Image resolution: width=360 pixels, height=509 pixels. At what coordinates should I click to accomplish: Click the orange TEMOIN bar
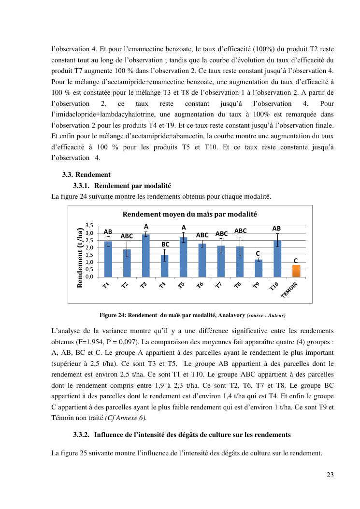pos(296,271)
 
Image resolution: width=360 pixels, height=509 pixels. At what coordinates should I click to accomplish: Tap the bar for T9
pos(259,268)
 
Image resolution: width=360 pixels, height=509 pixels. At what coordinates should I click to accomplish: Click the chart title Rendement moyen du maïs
pos(189,214)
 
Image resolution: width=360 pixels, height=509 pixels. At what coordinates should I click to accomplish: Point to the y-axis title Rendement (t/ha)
pos(80,258)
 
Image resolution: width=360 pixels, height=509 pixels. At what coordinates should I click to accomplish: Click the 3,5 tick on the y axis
pos(89,226)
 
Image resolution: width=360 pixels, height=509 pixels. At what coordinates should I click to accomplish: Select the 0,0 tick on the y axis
pos(89,277)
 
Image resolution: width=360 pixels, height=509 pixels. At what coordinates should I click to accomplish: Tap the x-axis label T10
pos(274,286)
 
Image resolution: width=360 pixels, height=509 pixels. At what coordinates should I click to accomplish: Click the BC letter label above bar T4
pos(165,245)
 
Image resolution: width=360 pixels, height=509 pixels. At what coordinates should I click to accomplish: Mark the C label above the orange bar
pos(296,261)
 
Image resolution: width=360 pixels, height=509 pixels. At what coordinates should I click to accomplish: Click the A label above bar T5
pos(184,227)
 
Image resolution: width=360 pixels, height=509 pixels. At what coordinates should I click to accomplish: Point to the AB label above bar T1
pos(108,232)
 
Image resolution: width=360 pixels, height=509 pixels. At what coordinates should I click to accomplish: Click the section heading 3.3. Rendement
pos(86,175)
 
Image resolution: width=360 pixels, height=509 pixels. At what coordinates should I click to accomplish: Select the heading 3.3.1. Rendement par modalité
pos(122,186)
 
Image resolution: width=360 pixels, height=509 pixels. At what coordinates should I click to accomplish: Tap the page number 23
pos(330,474)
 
